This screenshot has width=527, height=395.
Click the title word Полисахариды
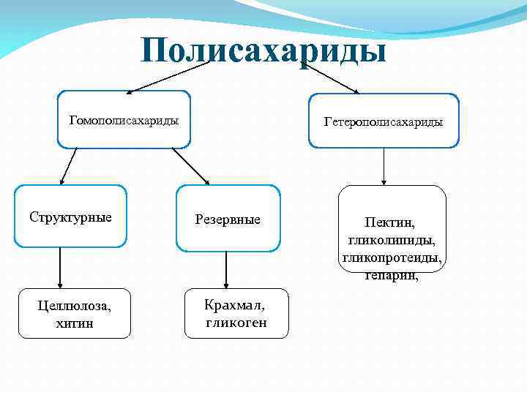263,51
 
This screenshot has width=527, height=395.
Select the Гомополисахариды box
124,118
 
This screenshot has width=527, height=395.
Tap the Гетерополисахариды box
384,121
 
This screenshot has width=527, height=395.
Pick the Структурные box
70,217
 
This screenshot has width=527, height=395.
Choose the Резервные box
228,219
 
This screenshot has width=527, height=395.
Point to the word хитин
74,323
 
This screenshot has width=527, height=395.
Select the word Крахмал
235,306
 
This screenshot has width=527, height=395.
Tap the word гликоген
236,322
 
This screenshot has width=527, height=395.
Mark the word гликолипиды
392,240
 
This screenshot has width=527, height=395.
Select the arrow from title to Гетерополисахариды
329,77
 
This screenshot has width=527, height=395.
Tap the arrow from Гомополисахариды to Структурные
68,165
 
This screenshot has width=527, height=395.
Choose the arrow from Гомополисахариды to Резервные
190,165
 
